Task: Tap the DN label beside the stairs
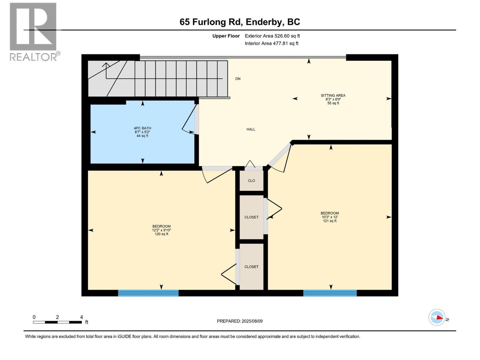coord(238,79)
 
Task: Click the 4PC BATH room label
coord(142,128)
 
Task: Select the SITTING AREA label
coord(333,95)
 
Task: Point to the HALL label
coord(251,129)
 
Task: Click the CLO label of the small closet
coord(251,181)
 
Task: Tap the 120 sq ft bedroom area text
coord(161,234)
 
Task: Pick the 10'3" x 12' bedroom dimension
coord(329,217)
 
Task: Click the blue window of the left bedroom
coord(148,293)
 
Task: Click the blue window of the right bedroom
coord(330,293)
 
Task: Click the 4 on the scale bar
coord(81,317)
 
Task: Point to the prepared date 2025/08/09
coord(252,321)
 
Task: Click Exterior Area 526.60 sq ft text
coord(272,36)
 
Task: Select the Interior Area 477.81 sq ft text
coord(271,43)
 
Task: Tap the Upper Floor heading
coord(226,36)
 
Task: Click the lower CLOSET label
coord(251,267)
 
